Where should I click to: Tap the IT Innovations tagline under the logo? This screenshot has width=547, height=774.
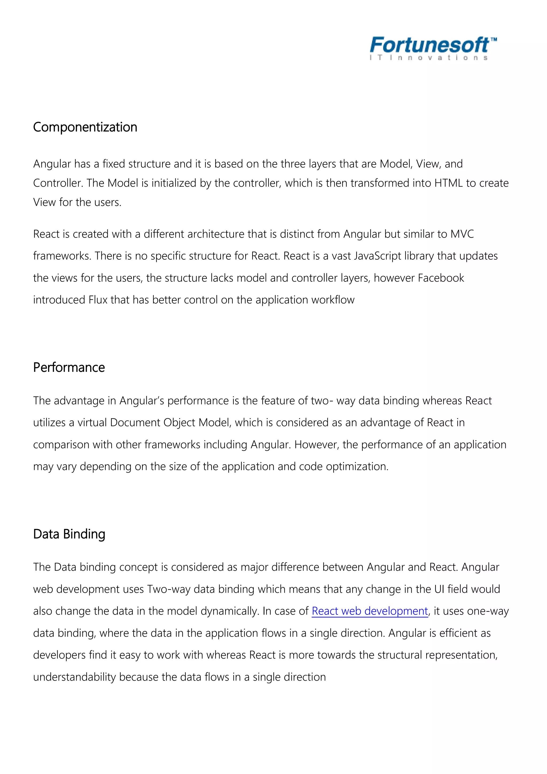pos(428,58)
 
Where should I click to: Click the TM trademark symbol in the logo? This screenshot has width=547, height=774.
pos(493,40)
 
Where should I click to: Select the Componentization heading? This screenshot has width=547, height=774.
pos(85,127)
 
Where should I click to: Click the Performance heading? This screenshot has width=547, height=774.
pos(69,367)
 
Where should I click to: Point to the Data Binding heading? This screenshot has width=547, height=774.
pos(69,534)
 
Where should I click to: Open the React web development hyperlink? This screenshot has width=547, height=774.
pos(370,611)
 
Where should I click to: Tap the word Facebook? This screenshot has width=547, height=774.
pos(441,278)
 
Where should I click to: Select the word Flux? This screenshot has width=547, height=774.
pos(98,300)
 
